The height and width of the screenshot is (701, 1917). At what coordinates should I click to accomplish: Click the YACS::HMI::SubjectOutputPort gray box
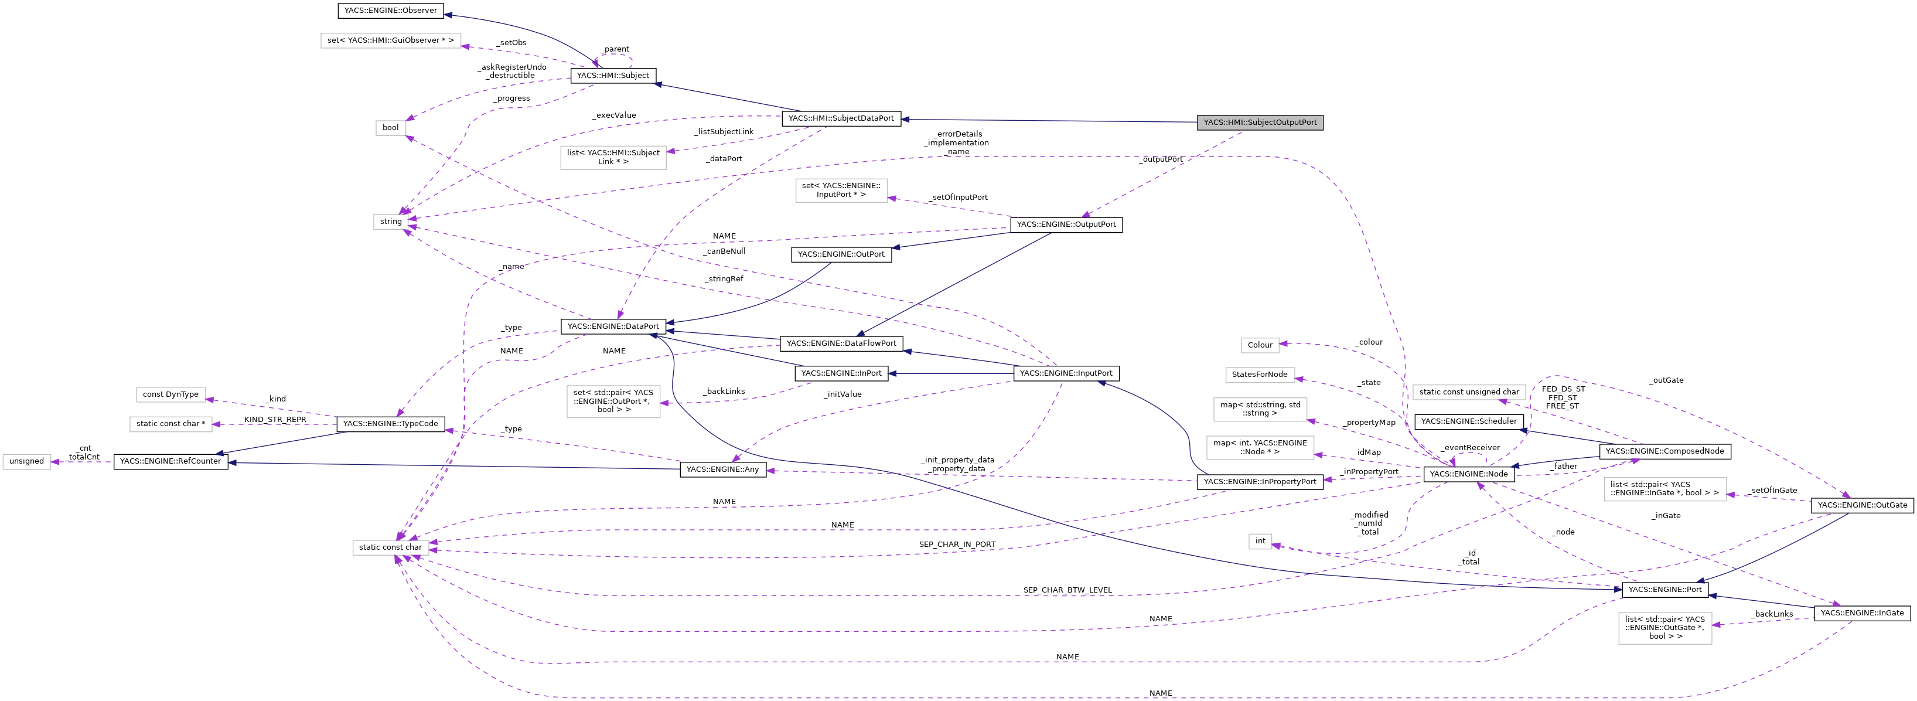1259,122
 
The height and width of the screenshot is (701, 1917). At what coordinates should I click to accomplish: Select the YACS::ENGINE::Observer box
391,11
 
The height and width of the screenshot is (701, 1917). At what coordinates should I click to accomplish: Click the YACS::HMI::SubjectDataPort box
841,118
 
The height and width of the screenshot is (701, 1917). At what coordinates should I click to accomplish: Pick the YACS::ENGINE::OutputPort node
1066,224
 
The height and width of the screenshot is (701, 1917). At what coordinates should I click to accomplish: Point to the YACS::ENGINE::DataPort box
612,326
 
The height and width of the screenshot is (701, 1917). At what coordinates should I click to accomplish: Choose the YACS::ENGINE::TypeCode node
391,423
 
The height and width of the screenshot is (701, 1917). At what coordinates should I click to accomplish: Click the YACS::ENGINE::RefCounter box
170,461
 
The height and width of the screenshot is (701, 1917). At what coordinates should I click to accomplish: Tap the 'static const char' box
390,547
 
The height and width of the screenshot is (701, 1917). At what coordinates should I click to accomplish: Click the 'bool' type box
391,127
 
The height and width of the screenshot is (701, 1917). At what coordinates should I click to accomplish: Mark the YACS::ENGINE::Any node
722,469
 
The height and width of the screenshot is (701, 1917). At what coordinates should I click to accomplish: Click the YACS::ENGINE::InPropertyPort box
1259,481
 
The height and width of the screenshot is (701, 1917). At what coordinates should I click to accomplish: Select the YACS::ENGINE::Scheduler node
1468,421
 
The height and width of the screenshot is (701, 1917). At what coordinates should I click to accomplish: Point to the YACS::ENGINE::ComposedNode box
1664,451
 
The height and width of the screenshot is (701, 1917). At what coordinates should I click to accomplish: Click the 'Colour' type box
1259,345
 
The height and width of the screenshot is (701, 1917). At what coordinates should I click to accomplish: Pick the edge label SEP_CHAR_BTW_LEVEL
1067,590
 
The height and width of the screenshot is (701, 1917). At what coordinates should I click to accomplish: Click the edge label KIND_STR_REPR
275,420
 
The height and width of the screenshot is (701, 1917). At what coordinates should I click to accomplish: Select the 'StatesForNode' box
1259,375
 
